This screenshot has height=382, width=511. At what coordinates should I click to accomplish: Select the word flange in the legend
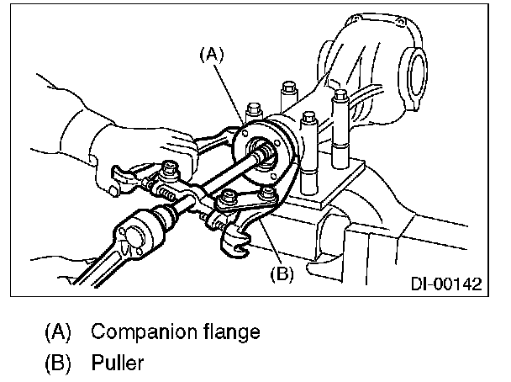click(227, 331)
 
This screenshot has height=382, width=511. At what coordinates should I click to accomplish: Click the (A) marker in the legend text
click(59, 331)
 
